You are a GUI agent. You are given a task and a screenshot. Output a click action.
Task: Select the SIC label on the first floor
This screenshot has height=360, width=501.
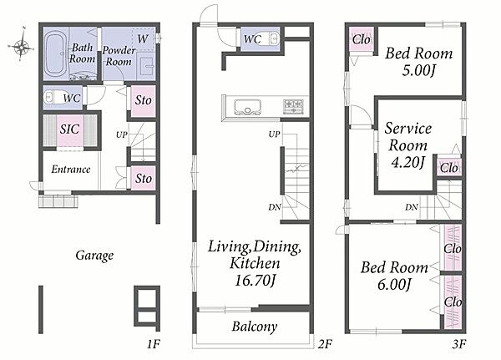tap(69, 129)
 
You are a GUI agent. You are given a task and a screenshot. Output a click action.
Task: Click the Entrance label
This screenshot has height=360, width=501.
tap(71, 169)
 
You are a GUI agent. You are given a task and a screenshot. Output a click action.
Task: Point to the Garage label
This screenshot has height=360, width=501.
tap(94, 256)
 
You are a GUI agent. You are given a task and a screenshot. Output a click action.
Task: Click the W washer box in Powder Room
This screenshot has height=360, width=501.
tap(143, 39)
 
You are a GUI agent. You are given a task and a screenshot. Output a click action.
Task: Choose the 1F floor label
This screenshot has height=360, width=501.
tap(154, 344)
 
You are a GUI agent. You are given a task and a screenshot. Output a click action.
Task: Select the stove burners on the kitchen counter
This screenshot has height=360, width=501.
tap(293, 107)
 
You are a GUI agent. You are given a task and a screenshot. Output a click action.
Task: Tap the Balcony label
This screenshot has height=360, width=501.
tap(255, 327)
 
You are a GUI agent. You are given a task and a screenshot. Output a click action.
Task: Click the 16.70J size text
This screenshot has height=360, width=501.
tap(255, 280)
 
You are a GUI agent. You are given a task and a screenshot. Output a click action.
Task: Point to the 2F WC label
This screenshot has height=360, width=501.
tap(252, 39)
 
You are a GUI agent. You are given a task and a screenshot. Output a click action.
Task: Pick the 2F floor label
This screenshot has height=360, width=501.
tap(325, 344)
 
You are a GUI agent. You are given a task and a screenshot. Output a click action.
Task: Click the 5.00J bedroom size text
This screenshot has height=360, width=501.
tap(418, 70)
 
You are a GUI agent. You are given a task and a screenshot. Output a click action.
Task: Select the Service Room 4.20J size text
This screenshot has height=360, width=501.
tap(407, 162)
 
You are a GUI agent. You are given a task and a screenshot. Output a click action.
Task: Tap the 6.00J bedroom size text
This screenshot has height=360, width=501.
tap(393, 284)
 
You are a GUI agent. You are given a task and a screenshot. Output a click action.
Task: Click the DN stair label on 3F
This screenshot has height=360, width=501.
tap(412, 207)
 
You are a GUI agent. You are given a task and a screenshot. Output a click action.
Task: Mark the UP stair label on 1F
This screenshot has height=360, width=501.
tap(121, 135)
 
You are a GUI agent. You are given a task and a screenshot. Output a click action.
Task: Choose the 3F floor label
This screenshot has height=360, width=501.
tap(459, 344)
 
